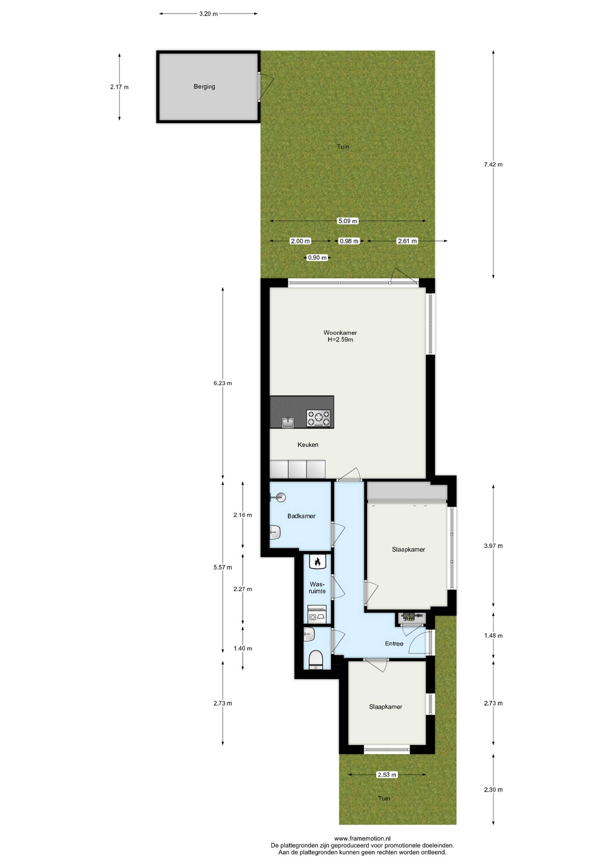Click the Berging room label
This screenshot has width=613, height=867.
204,87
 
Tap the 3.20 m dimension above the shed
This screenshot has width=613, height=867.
208,14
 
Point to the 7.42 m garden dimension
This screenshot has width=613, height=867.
493,165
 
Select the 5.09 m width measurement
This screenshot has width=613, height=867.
348,221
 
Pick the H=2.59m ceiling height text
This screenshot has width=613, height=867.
340,340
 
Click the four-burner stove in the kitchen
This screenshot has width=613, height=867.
319,418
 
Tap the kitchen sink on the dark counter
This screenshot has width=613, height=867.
288,422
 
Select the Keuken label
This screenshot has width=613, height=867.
308,445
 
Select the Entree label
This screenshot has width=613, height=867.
394,643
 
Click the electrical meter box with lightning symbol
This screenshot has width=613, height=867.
411,617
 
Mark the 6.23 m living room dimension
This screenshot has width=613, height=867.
223,383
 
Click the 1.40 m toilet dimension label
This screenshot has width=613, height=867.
243,648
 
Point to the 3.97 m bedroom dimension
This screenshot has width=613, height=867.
493,546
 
